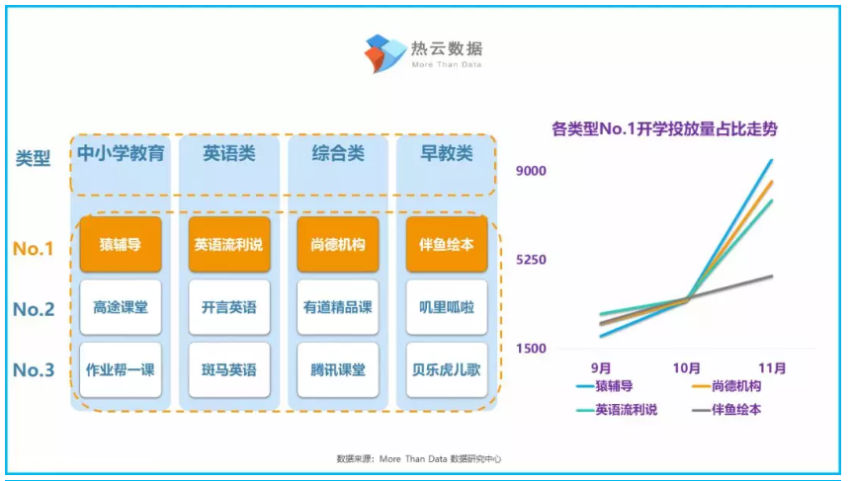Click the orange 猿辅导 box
(121, 245)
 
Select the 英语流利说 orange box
(229, 245)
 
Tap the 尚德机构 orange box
(338, 245)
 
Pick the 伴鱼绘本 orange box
(447, 245)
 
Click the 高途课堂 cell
(121, 307)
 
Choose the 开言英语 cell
(229, 307)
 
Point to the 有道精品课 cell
(338, 307)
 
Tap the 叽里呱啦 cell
(447, 307)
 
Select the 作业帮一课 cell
(121, 370)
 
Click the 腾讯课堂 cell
(338, 370)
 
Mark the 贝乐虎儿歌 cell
(447, 370)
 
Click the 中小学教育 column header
(121, 153)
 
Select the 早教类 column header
(447, 153)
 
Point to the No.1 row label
(34, 248)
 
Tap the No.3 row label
(34, 370)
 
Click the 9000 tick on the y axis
(531, 171)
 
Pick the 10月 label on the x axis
(687, 368)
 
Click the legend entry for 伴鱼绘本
(726, 410)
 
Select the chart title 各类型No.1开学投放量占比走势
(664, 129)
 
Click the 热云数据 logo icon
(385, 53)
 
